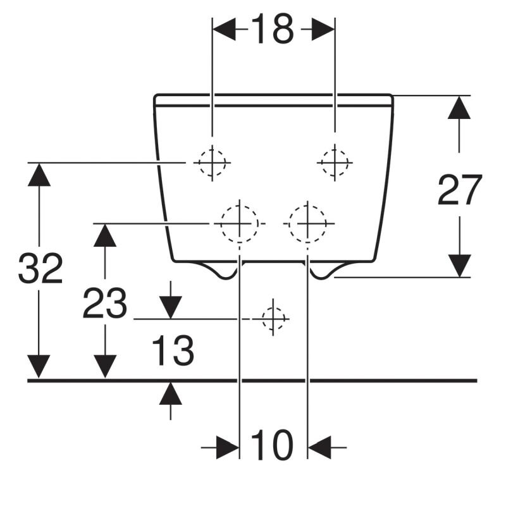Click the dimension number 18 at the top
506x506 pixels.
click(x=273, y=29)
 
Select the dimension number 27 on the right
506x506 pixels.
click(x=460, y=190)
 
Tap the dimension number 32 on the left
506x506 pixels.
click(x=40, y=268)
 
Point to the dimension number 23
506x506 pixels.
click(x=105, y=303)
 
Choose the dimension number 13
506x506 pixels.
click(x=173, y=350)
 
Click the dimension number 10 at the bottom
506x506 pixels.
click(x=272, y=445)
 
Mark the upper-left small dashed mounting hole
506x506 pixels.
click(x=212, y=163)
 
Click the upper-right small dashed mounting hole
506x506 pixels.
click(x=335, y=163)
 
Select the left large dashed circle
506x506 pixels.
click(x=240, y=223)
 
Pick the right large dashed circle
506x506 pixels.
click(x=307, y=223)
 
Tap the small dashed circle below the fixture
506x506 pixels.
click(x=273, y=319)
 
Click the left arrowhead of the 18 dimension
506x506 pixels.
click(x=225, y=29)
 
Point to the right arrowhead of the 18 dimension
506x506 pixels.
click(x=323, y=29)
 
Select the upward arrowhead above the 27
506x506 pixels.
click(x=459, y=108)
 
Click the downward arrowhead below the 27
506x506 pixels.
click(x=460, y=266)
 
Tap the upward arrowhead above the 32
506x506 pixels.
click(x=39, y=175)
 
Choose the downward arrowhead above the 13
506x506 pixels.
click(x=170, y=307)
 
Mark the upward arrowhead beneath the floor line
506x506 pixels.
click(x=170, y=393)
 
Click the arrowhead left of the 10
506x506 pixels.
click(x=228, y=448)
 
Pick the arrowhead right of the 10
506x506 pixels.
click(x=320, y=448)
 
